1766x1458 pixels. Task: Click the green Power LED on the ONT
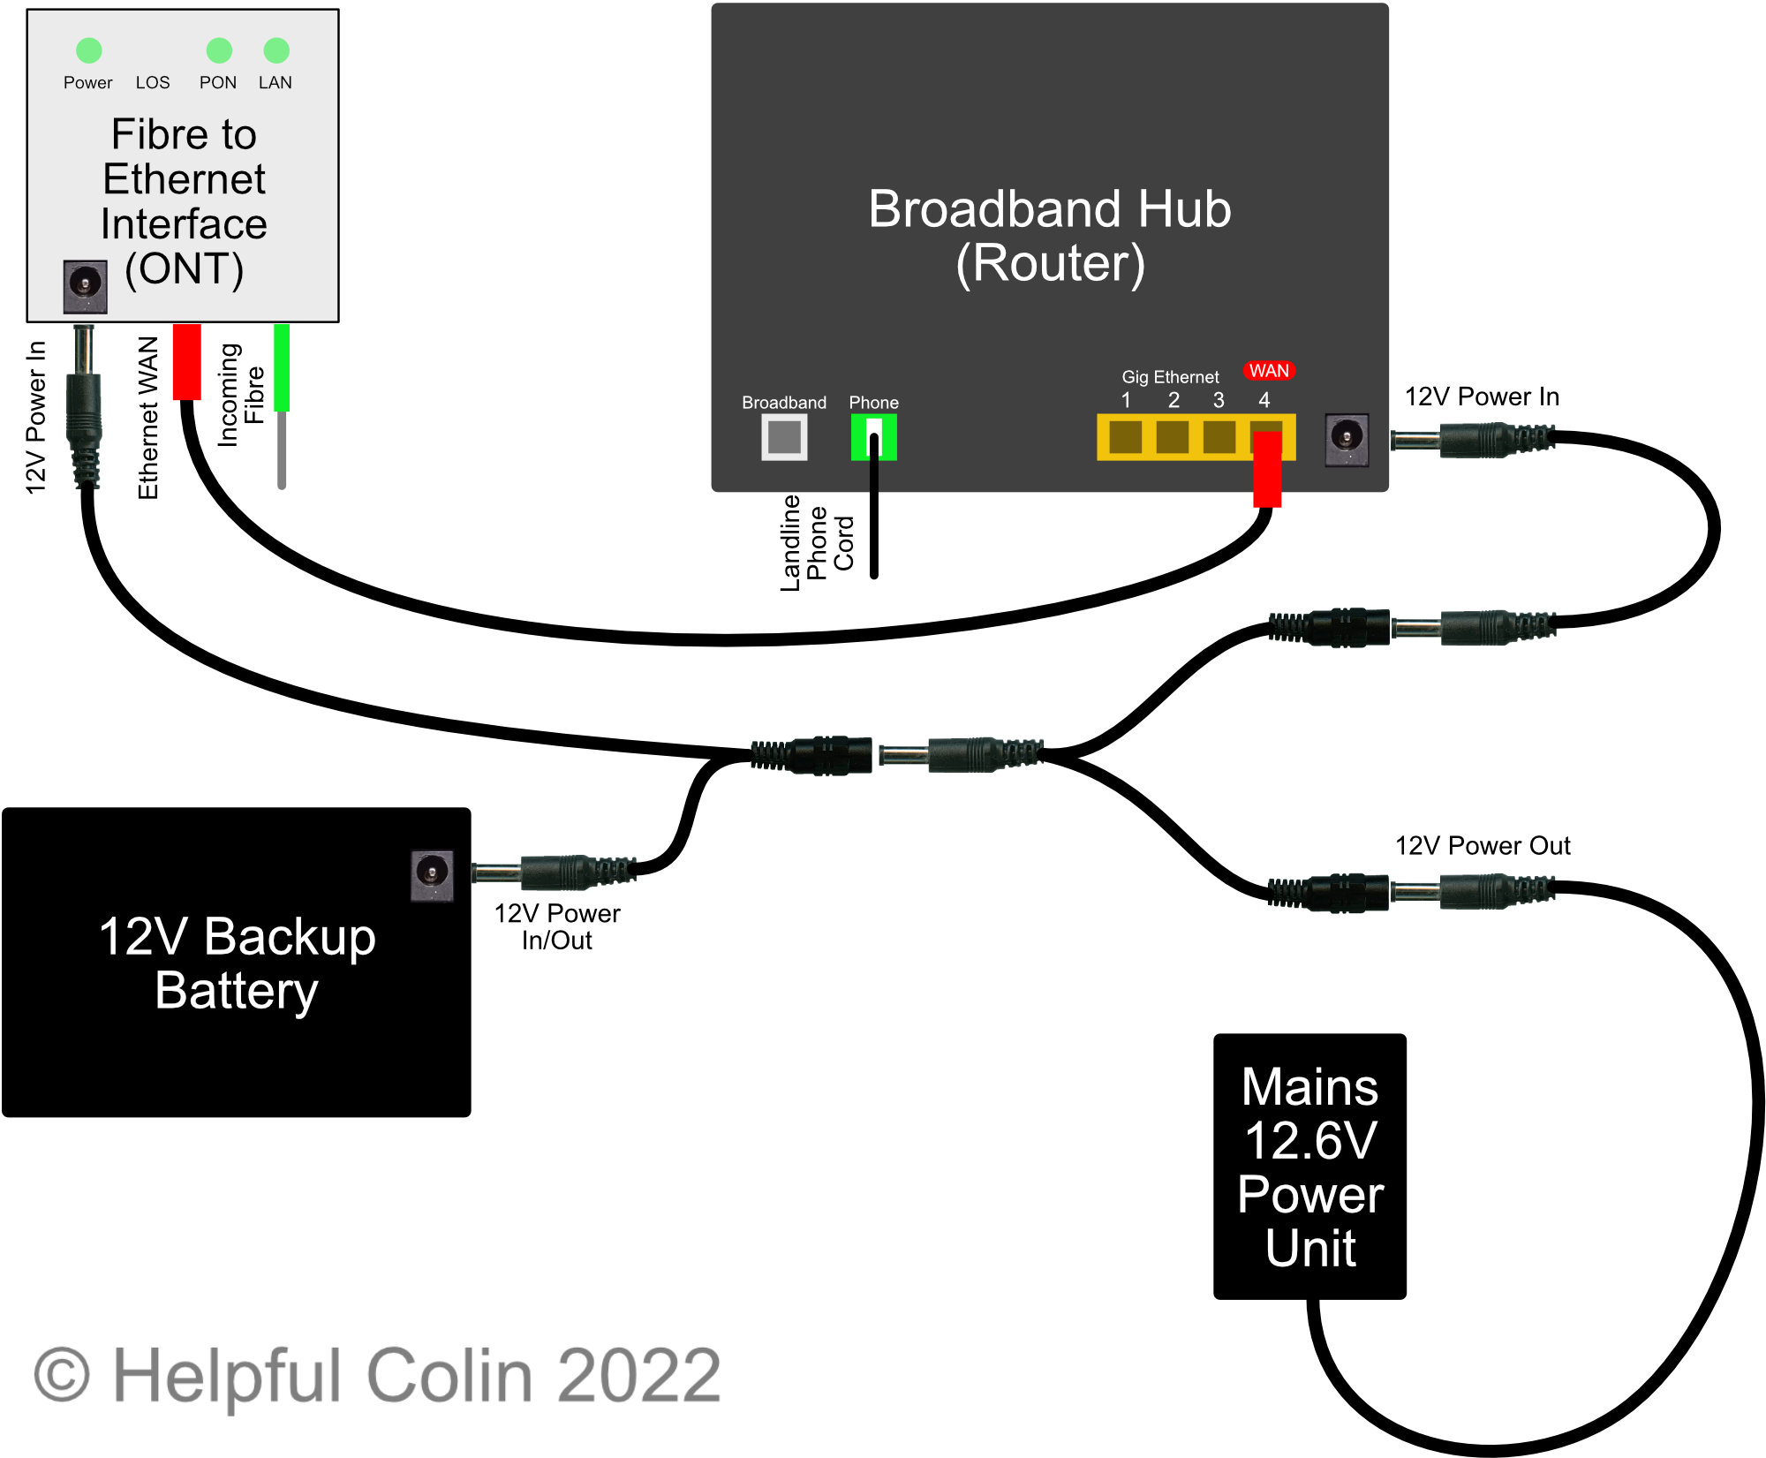(x=89, y=50)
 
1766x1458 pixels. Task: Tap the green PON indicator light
(x=219, y=50)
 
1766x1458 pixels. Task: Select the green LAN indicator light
(x=276, y=50)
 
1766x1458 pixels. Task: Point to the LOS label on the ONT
(x=153, y=82)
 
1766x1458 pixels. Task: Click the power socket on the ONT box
(x=86, y=286)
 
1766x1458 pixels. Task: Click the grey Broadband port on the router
(x=784, y=436)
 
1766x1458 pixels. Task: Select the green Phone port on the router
(x=873, y=436)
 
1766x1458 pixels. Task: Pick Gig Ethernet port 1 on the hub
(x=1126, y=436)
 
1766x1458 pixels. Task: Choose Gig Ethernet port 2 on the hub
(x=1173, y=436)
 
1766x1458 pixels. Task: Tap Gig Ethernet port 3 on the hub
(x=1219, y=436)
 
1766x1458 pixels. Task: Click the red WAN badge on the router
(x=1269, y=371)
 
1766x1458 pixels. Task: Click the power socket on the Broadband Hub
(x=1347, y=439)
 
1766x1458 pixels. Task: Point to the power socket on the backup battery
(x=432, y=875)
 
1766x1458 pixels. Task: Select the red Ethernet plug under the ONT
(x=187, y=362)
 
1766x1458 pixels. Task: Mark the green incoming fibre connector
(x=282, y=367)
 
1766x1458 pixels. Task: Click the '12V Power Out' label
(x=1483, y=846)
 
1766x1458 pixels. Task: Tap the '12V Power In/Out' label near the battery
(x=557, y=926)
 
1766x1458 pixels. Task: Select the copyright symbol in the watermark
(x=62, y=1375)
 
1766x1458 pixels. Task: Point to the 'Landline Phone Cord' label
(x=818, y=542)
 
